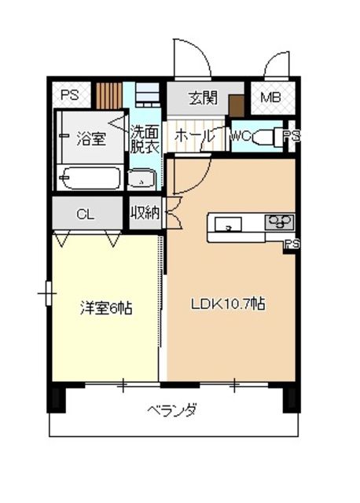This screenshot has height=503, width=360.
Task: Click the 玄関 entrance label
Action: pos(203,99)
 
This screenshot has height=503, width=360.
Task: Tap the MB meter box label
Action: pos(270,99)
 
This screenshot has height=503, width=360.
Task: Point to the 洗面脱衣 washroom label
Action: pos(144,139)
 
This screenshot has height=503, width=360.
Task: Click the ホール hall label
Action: pos(193,136)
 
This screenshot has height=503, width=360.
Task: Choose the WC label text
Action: pos(241,136)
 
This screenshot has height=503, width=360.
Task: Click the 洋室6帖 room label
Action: pos(105,308)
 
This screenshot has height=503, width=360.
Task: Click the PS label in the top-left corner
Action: pos(68,95)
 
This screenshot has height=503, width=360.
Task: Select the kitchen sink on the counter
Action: pos(228,224)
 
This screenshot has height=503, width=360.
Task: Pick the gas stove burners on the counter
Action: pos(279,224)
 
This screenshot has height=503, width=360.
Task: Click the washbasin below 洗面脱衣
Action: pos(142,179)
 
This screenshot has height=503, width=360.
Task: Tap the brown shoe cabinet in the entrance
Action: pos(237,105)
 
